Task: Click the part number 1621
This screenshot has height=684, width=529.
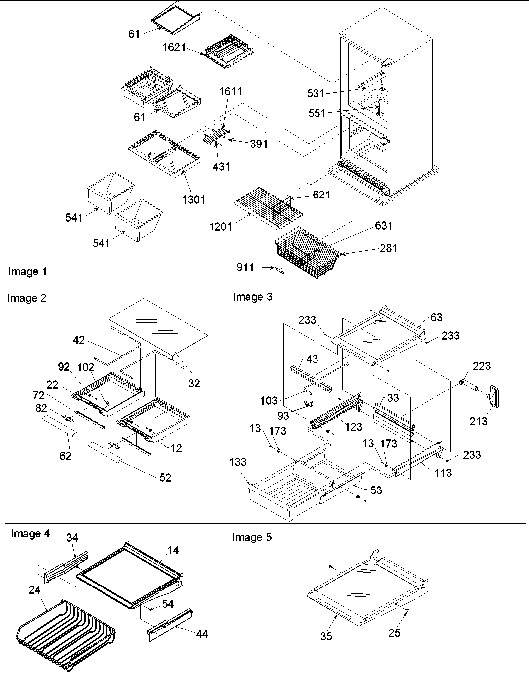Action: (x=174, y=48)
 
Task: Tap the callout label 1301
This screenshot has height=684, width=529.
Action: (x=193, y=199)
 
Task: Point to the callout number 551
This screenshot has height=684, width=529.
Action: (x=317, y=113)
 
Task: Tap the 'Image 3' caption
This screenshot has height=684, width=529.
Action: (x=252, y=297)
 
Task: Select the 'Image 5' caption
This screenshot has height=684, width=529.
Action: (x=252, y=538)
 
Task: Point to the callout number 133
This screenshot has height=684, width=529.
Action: (x=238, y=462)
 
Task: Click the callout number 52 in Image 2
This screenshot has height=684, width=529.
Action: (x=165, y=477)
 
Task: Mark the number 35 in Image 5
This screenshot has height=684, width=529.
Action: (x=326, y=636)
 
